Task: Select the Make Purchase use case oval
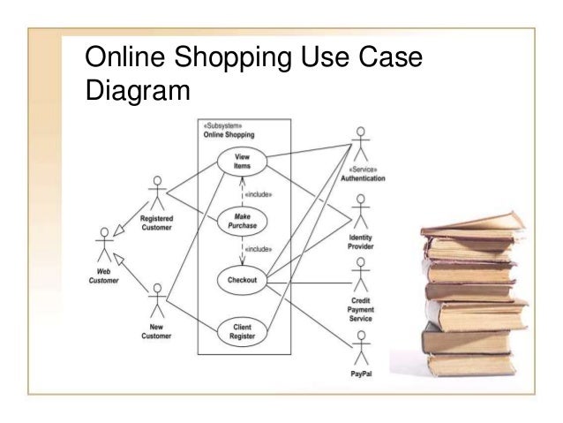point(241,218)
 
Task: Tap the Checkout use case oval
point(241,280)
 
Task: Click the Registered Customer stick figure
point(157,193)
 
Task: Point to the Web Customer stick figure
point(105,241)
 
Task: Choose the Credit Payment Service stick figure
point(360,279)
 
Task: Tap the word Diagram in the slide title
point(136,91)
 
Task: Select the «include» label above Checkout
point(257,249)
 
